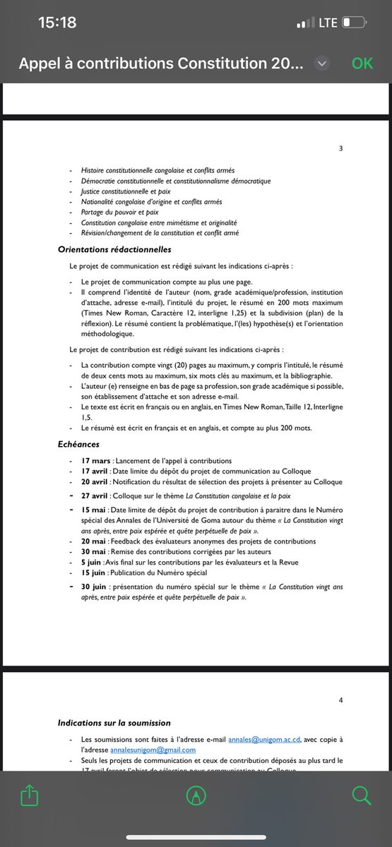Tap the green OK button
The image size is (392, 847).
362,64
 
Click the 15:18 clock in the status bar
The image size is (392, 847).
57,23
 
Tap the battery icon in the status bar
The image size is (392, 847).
353,23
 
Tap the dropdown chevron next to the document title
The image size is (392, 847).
322,64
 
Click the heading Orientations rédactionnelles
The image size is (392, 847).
114,249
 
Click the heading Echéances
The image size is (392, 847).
78,445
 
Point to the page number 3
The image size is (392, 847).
341,148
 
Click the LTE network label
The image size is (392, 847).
328,23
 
